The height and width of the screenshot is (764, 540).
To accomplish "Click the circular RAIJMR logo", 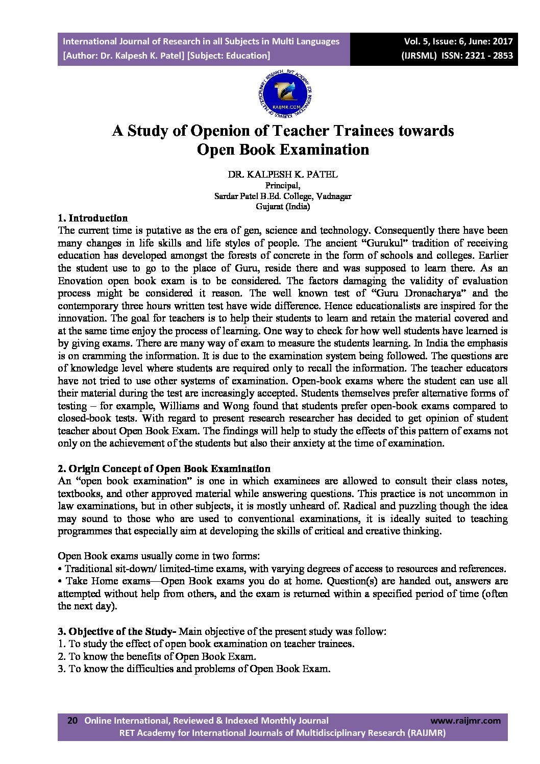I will click(x=285, y=94).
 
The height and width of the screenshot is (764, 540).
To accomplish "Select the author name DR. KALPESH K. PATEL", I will click(x=282, y=175).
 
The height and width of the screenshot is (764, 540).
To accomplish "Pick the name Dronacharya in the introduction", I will click(x=434, y=293).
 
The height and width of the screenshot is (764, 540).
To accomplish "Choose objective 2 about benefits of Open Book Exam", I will click(x=157, y=657).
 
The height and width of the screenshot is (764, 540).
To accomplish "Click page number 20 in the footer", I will click(x=72, y=721).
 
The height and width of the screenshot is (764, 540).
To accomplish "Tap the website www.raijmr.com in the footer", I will click(x=465, y=721).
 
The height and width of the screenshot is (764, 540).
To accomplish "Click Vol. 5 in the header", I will click(x=416, y=42).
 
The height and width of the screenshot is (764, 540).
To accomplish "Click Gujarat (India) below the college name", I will click(x=282, y=207).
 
